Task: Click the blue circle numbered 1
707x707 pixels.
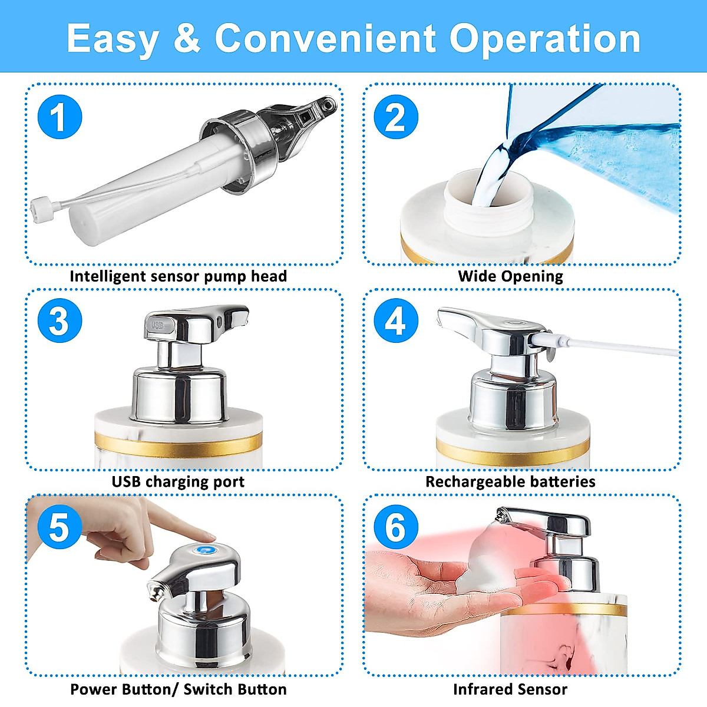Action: [60, 117]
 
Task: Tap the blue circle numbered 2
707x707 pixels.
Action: [396, 117]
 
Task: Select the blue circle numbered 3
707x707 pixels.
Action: [60, 322]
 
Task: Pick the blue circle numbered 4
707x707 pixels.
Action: [396, 322]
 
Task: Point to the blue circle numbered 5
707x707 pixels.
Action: [60, 527]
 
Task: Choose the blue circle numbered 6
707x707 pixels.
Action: [396, 527]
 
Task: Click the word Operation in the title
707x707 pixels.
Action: [544, 39]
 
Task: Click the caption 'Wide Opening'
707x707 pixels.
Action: [510, 276]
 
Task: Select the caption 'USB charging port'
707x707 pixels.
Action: [178, 481]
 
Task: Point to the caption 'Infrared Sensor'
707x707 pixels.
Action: [510, 689]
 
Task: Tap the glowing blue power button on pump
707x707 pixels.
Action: [206, 550]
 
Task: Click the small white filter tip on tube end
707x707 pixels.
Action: [39, 209]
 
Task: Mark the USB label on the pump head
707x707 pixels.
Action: [157, 325]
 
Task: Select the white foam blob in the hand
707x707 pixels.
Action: [483, 566]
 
